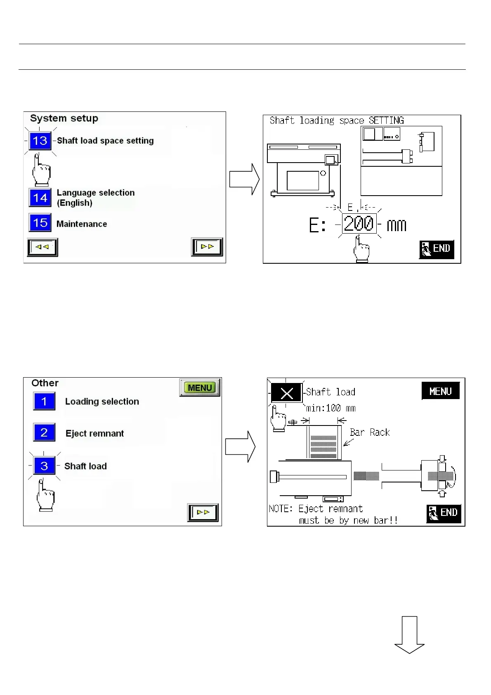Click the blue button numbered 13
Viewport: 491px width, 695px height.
click(x=40, y=141)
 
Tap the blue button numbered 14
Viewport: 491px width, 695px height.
click(x=40, y=198)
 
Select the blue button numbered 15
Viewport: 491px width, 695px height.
click(x=40, y=223)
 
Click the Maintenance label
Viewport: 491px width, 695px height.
click(x=82, y=224)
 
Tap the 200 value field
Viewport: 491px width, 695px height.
click(x=359, y=224)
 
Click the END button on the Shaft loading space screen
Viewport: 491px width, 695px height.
click(x=437, y=249)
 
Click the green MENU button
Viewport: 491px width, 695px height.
click(x=200, y=388)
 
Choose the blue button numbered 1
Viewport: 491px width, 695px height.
click(x=44, y=401)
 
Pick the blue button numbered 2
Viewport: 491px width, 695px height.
click(x=44, y=433)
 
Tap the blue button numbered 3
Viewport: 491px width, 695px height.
click(x=44, y=466)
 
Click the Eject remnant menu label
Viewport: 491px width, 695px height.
click(x=94, y=433)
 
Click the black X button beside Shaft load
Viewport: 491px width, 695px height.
click(x=286, y=393)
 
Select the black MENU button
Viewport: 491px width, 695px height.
click(x=440, y=391)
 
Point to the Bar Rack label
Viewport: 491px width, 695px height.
click(x=369, y=432)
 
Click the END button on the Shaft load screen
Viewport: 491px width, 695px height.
click(x=444, y=513)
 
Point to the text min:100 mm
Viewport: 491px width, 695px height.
click(x=330, y=408)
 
